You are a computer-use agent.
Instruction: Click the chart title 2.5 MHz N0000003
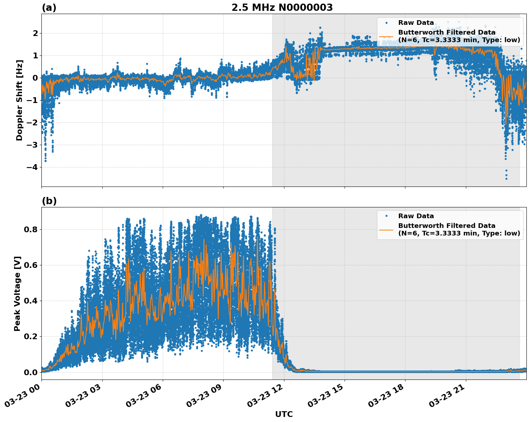point(282,8)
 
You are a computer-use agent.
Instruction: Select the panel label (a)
point(49,8)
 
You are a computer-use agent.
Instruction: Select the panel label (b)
point(49,201)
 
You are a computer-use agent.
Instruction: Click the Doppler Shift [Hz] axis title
point(19,100)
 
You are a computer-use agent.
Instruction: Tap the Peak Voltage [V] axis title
point(17,293)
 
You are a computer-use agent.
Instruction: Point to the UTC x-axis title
point(284,414)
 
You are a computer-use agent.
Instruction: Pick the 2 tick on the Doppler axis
point(36,33)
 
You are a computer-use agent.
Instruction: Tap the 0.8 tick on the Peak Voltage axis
point(31,229)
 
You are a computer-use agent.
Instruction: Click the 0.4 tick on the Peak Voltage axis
point(31,301)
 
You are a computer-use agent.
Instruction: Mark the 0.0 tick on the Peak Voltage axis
point(31,372)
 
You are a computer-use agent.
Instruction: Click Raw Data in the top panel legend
point(416,23)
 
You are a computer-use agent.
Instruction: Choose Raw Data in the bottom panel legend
point(416,216)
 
